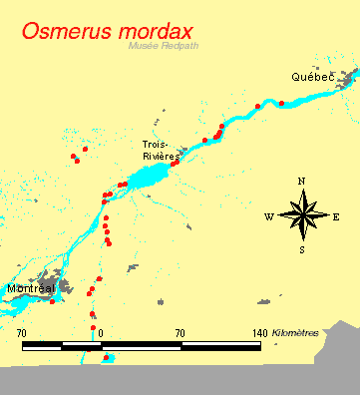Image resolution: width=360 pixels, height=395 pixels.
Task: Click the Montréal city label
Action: pyautogui.click(x=28, y=288)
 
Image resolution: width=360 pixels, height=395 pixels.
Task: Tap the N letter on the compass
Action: pyautogui.click(x=302, y=182)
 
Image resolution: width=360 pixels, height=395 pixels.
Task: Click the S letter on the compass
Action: pyautogui.click(x=302, y=250)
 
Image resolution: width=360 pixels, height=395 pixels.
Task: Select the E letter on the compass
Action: pyautogui.click(x=336, y=216)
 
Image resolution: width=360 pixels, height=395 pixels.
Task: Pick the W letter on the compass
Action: pyautogui.click(x=268, y=216)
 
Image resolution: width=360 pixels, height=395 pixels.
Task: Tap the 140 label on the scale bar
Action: pyautogui.click(x=257, y=332)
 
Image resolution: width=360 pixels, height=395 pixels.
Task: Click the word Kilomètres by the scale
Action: pyautogui.click(x=295, y=332)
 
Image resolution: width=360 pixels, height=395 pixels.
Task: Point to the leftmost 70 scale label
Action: pyautogui.click(x=22, y=332)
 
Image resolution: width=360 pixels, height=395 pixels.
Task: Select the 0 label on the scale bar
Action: pyautogui.click(x=101, y=332)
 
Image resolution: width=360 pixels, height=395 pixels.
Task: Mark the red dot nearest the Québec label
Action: pyautogui.click(x=281, y=103)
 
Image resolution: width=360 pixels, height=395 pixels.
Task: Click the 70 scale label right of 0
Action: pyautogui.click(x=180, y=332)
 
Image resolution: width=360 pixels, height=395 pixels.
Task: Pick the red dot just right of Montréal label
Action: pyautogui.click(x=52, y=301)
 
